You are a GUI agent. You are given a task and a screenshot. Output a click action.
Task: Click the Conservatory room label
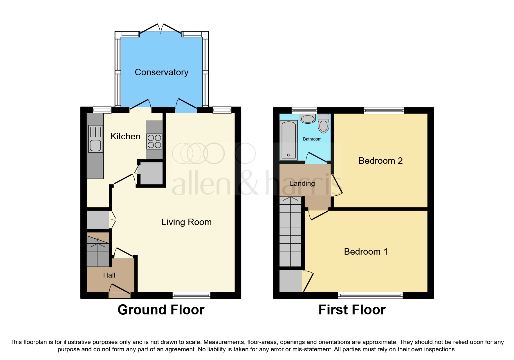pyautogui.click(x=161, y=72)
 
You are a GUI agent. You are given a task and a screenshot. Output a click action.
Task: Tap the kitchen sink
pyautogui.click(x=95, y=145)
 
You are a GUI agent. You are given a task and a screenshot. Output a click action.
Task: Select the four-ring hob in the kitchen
pyautogui.click(x=154, y=141)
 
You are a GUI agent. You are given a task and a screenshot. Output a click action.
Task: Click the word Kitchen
pyautogui.click(x=125, y=136)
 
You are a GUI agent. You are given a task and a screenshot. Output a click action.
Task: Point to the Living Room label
pyautogui.click(x=186, y=222)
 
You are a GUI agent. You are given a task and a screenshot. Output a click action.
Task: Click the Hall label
pyautogui.click(x=109, y=275)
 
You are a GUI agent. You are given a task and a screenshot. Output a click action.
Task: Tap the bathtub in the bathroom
pyautogui.click(x=288, y=140)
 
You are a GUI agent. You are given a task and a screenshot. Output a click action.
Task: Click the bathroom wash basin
pyautogui.click(x=308, y=118)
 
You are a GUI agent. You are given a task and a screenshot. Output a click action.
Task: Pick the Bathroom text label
pyautogui.click(x=312, y=139)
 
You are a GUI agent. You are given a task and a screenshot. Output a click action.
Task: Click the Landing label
pyautogui.click(x=302, y=183)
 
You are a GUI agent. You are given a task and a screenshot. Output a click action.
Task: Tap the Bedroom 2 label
pyautogui.click(x=380, y=161)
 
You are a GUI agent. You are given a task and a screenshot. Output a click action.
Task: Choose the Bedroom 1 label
pyautogui.click(x=366, y=251)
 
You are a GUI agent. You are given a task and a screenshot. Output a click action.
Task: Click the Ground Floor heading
pyautogui.click(x=161, y=310)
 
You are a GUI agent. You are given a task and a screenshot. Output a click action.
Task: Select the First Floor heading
pyautogui.click(x=352, y=310)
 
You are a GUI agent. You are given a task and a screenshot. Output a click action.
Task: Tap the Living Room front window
pyautogui.click(x=191, y=295)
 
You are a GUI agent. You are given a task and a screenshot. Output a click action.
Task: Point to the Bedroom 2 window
pyautogui.click(x=384, y=110)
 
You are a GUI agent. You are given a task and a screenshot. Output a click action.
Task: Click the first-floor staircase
pyautogui.click(x=290, y=232)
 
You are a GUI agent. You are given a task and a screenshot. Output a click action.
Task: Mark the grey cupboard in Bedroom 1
pyautogui.click(x=290, y=281)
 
